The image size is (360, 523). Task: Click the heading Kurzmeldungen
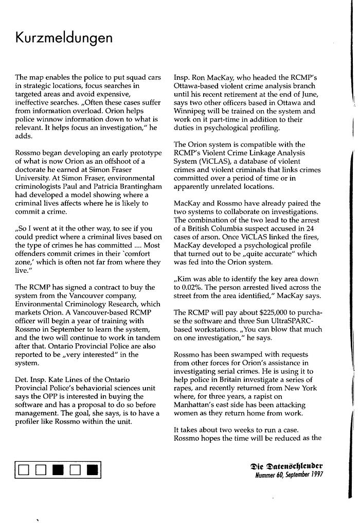[x=64, y=39]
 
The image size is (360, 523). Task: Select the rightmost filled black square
[x=92, y=469]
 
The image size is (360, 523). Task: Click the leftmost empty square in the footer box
[x=24, y=469]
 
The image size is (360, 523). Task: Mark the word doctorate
[x=32, y=169]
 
